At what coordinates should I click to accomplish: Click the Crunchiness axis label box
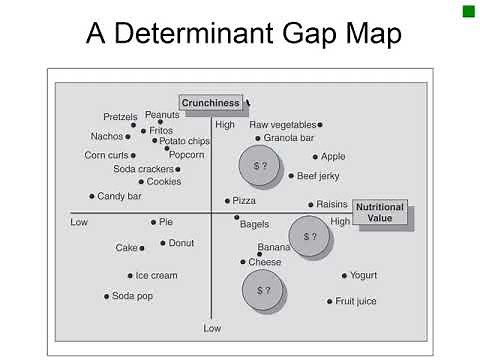coord(211,102)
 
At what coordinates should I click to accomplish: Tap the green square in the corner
coord(468,11)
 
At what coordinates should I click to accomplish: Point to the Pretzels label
coord(120,117)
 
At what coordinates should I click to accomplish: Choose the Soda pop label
coord(131,296)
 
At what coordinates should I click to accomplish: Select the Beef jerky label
coord(319,176)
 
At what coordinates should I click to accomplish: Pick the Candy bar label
coord(119,196)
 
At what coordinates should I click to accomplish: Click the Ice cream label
coord(156,275)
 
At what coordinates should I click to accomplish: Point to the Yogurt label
coord(362,275)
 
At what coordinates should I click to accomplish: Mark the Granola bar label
coord(289,138)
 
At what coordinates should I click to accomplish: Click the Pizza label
coord(244,201)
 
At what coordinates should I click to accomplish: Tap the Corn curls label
coord(106,155)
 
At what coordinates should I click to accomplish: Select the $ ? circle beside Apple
coord(260,165)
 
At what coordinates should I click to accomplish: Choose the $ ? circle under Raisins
coord(309,237)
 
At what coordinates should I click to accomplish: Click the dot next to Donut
coord(162,243)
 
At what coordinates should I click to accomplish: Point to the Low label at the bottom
coord(212,328)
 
